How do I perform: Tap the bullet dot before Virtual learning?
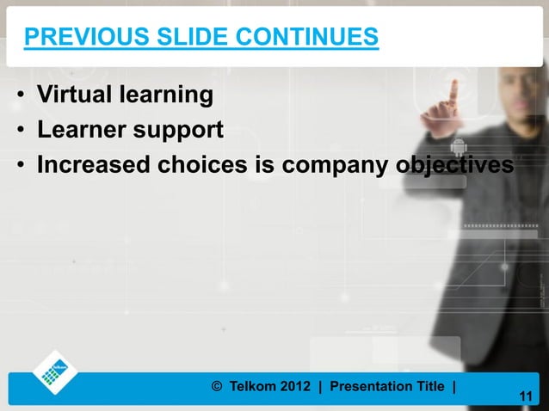point(19,95)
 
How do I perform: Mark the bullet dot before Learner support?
point(19,131)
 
